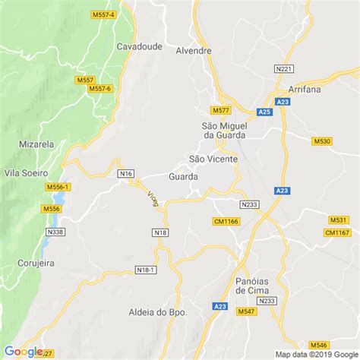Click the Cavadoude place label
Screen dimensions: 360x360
coord(139,46)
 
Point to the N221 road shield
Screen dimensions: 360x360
coord(283,69)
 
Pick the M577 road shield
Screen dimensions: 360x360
coord(221,110)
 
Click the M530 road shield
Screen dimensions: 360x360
coord(322,141)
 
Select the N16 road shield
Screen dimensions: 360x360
coord(125,174)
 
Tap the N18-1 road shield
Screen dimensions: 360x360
coord(145,270)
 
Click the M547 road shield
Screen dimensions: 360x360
coord(246,312)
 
